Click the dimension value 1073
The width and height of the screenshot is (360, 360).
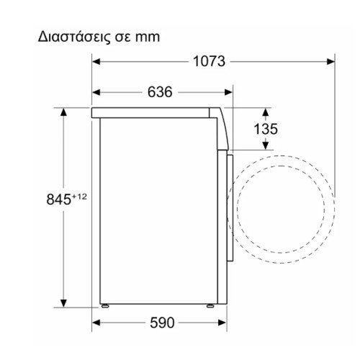point(210,61)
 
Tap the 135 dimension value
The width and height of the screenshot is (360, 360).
point(266,129)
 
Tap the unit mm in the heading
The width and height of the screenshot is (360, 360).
point(147,35)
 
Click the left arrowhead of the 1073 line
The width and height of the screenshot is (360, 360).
point(96,61)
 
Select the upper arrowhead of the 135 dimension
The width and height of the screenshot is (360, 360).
point(265,112)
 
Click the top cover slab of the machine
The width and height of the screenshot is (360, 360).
point(155,113)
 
